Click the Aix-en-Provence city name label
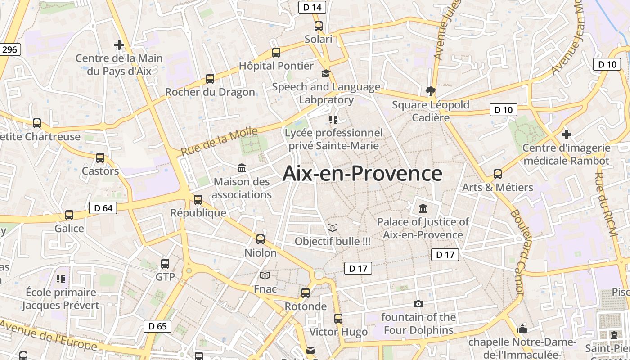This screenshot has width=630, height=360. pyautogui.click(x=362, y=174)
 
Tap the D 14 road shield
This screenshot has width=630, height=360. pyautogui.click(x=312, y=7)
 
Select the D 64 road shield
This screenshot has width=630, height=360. pyautogui.click(x=103, y=208)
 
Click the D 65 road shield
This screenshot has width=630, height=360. pyautogui.click(x=157, y=326)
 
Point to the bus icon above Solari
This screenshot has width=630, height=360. pyautogui.click(x=319, y=26)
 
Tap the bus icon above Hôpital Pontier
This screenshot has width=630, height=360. pyautogui.click(x=276, y=53)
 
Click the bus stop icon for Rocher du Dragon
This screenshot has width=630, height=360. pyautogui.click(x=210, y=79)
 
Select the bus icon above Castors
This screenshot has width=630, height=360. pyautogui.click(x=100, y=158)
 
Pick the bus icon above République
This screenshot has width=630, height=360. pyautogui.click(x=198, y=200)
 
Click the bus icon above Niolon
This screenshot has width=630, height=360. pyautogui.click(x=261, y=239)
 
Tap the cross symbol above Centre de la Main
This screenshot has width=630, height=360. pyautogui.click(x=119, y=45)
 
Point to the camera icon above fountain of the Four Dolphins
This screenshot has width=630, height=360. pyautogui.click(x=418, y=304)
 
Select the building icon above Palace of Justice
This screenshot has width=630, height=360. pyautogui.click(x=423, y=209)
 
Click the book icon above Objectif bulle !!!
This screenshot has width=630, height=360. pyautogui.click(x=333, y=228)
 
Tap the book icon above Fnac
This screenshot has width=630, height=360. pyautogui.click(x=265, y=275)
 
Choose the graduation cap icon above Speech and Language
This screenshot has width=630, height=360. pyautogui.click(x=326, y=74)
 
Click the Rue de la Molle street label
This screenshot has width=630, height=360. pyautogui.click(x=220, y=141)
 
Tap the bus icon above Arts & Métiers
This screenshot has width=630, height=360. pyautogui.click(x=498, y=174)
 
